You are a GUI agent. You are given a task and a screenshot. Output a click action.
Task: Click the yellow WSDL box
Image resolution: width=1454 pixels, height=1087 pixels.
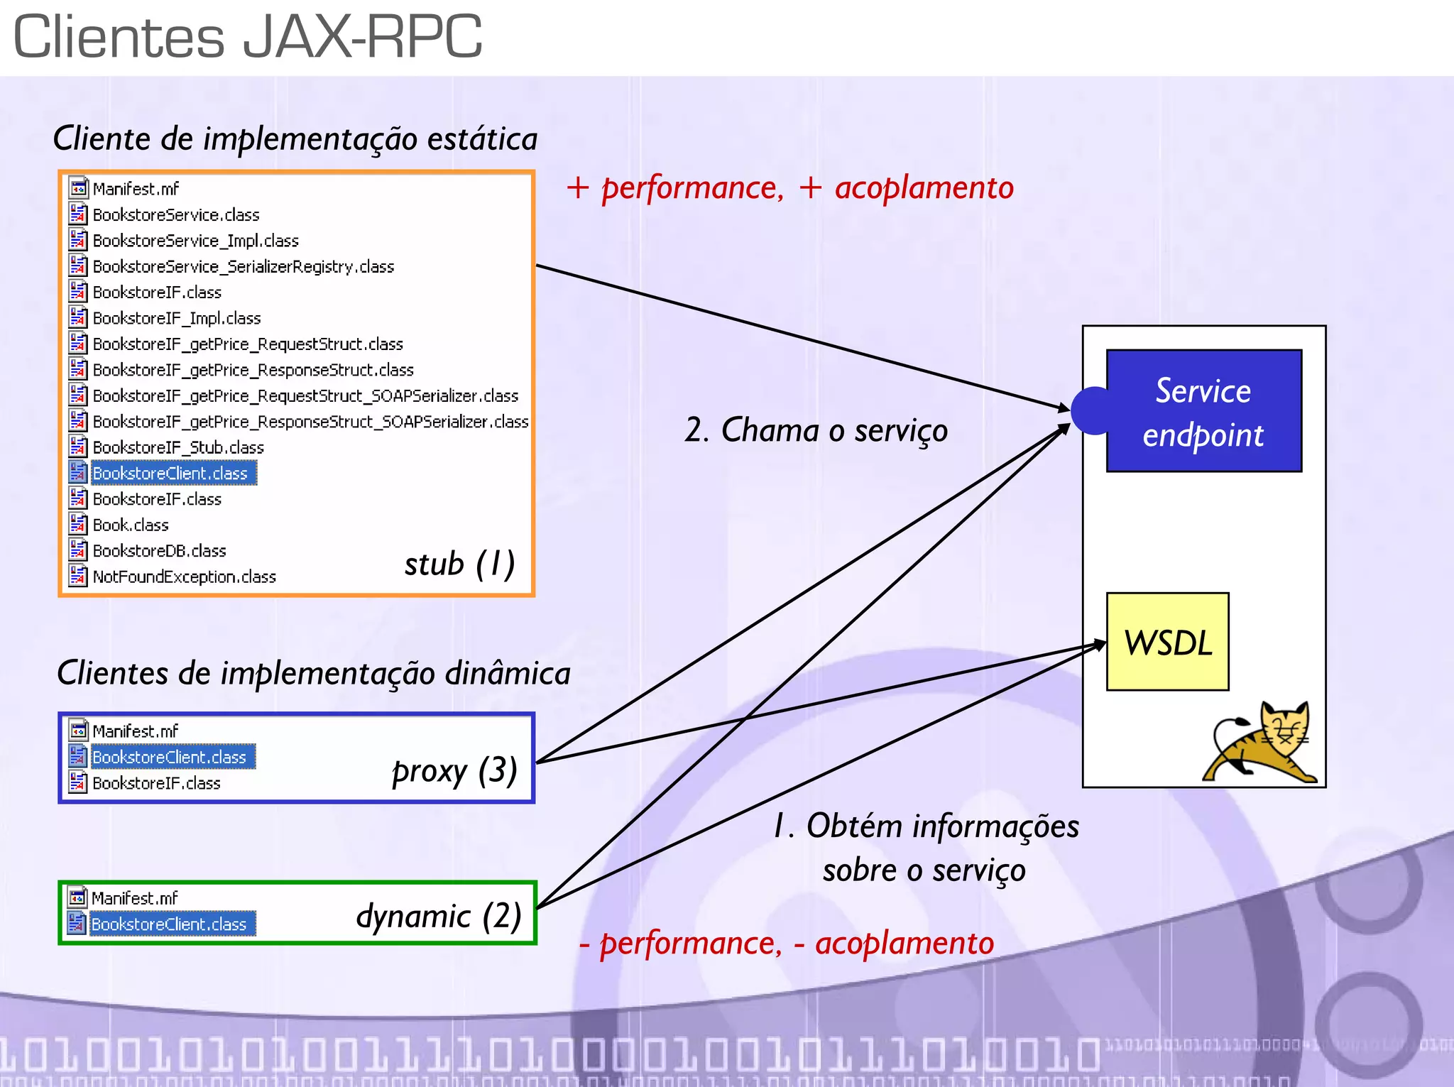pyautogui.click(x=1167, y=642)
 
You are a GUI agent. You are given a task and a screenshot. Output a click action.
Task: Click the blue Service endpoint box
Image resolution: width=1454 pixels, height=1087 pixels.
pyautogui.click(x=1203, y=411)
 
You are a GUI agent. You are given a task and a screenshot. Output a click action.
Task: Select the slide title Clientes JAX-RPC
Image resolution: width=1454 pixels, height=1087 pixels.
pyautogui.click(x=247, y=37)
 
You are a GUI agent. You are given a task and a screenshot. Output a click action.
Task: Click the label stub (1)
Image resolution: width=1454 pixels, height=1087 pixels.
pyautogui.click(x=459, y=564)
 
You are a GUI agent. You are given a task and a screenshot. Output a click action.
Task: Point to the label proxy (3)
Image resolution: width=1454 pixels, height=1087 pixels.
pyautogui.click(x=454, y=771)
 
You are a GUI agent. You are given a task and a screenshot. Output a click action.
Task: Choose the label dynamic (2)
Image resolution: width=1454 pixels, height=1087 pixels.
pyautogui.click(x=439, y=916)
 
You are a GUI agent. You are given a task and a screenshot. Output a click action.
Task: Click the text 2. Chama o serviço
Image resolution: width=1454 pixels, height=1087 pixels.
pyautogui.click(x=816, y=430)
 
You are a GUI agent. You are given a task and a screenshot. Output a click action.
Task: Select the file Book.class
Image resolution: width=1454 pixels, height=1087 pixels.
pyautogui.click(x=131, y=525)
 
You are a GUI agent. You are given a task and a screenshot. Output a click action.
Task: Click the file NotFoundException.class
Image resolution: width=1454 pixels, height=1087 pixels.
pyautogui.click(x=184, y=577)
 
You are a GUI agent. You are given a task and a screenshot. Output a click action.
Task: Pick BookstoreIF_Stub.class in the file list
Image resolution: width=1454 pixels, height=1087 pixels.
pyautogui.click(x=177, y=447)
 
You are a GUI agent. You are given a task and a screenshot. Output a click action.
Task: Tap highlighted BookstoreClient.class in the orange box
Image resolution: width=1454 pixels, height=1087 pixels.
pyautogui.click(x=170, y=474)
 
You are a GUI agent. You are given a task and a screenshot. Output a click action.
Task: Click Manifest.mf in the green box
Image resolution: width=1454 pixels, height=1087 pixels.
pyautogui.click(x=134, y=898)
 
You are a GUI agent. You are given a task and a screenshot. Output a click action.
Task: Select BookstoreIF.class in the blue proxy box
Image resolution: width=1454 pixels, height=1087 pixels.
pyautogui.click(x=156, y=783)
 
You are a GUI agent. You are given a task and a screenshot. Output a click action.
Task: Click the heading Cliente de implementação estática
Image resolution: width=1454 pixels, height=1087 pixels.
pyautogui.click(x=295, y=138)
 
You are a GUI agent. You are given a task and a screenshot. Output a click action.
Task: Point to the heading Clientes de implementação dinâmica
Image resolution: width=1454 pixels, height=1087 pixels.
pyautogui.click(x=313, y=673)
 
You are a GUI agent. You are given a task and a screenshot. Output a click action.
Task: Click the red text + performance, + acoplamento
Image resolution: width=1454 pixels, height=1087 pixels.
pyautogui.click(x=789, y=188)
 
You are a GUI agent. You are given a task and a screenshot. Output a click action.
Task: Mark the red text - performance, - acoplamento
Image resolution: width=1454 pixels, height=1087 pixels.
pyautogui.click(x=786, y=944)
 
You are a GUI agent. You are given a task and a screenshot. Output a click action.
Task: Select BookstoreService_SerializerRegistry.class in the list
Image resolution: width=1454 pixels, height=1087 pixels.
pyautogui.click(x=243, y=267)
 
